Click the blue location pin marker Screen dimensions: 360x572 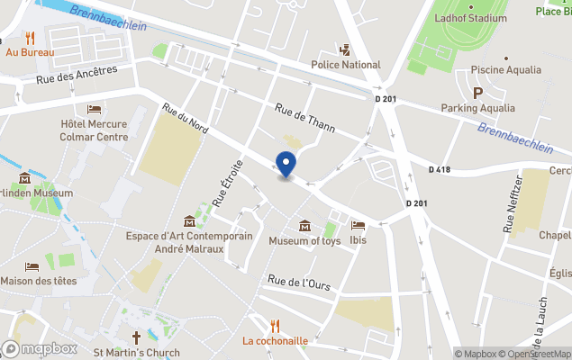tap(286, 166)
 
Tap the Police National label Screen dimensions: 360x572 tap(346, 65)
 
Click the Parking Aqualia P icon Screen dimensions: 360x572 tap(477, 92)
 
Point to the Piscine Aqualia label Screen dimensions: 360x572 tap(505, 69)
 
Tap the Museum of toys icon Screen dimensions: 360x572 tap(304, 225)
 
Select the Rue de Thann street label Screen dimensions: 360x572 tap(304, 117)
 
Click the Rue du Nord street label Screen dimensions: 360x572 tap(186, 118)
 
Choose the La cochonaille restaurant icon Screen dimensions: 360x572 tap(276, 325)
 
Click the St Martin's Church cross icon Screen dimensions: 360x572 tap(137, 337)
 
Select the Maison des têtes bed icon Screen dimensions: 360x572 tap(32, 266)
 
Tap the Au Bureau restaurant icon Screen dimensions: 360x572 tap(30, 38)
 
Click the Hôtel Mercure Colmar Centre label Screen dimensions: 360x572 tap(94, 130)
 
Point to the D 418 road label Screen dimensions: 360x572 tap(440, 169)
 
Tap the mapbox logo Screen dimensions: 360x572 tap(41, 348)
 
